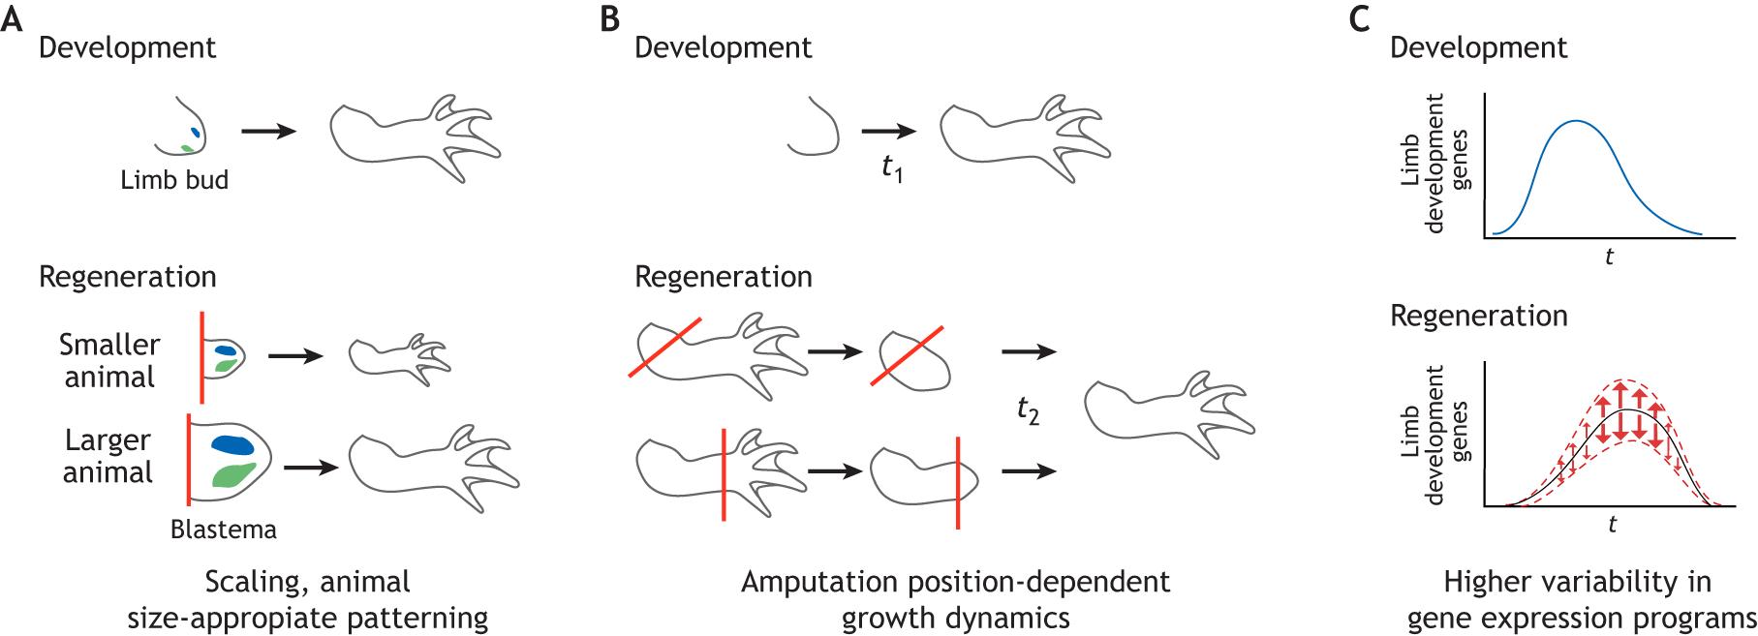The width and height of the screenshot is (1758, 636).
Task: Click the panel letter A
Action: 13,19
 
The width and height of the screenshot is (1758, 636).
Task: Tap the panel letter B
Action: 609,19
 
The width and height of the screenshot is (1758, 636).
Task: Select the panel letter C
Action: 1359,19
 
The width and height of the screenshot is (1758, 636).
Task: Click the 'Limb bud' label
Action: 174,180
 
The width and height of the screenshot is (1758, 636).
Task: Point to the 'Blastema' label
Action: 223,530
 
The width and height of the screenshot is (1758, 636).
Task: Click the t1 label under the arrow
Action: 892,171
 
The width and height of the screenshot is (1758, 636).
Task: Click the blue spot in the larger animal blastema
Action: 231,444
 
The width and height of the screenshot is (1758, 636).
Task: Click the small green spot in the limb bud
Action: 186,148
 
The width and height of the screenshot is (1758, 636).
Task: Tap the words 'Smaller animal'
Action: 109,360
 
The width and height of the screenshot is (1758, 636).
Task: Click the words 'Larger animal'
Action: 108,456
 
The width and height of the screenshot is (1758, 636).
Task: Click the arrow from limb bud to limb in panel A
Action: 267,130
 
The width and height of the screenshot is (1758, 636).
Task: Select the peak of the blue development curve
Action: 1577,122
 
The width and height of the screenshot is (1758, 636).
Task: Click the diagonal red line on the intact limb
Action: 664,348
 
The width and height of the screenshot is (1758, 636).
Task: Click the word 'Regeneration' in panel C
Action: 1479,317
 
